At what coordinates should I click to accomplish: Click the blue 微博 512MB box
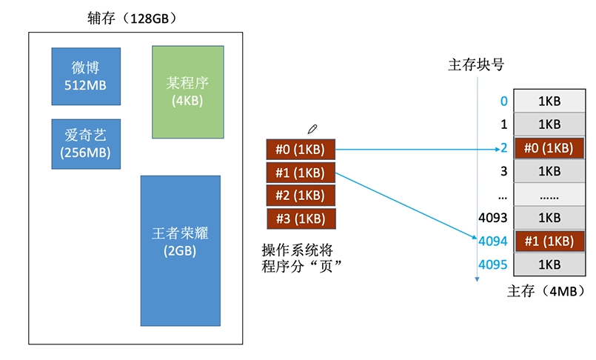tap(86, 76)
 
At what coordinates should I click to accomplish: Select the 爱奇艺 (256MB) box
tap(86, 144)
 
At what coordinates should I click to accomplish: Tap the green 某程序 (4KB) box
tap(187, 92)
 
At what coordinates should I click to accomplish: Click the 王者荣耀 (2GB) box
tap(180, 250)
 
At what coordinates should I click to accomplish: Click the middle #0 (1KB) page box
tap(301, 150)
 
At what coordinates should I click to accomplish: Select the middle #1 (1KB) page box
tap(301, 173)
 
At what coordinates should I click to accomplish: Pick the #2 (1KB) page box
tap(301, 196)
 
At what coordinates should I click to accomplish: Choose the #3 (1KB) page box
tap(301, 219)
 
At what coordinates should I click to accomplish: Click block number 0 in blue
tap(504, 101)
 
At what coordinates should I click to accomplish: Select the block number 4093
tap(493, 218)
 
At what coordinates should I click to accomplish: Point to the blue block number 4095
tap(493, 264)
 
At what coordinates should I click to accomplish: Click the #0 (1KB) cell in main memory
tap(549, 148)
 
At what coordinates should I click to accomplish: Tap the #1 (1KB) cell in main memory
tap(549, 241)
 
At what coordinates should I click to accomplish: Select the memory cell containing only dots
tap(549, 195)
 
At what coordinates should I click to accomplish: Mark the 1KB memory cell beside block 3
tap(549, 171)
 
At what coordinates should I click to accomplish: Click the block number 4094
tap(493, 241)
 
